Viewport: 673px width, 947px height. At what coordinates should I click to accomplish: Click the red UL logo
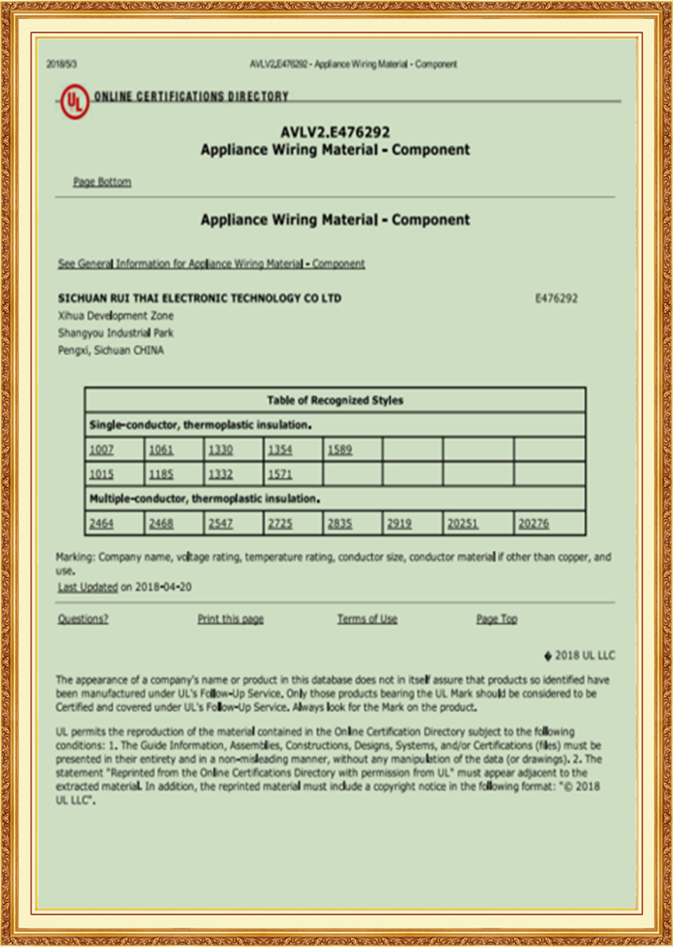coord(74,102)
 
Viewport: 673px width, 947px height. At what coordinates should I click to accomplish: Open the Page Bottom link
coord(102,182)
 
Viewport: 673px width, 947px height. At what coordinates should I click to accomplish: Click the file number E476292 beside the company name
coord(556,298)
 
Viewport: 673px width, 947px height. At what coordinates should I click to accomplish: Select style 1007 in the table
coord(102,450)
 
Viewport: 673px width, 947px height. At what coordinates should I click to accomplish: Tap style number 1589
coord(340,450)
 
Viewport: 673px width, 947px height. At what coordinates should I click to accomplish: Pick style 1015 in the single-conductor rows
coord(102,474)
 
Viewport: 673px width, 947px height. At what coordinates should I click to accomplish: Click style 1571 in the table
coord(280,474)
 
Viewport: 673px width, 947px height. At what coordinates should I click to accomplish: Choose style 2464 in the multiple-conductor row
coord(102,523)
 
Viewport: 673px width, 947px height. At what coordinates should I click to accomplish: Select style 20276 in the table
coord(533,523)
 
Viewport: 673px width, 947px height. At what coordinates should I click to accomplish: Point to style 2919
coord(400,523)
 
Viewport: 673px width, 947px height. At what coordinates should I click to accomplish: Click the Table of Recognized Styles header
coord(335,400)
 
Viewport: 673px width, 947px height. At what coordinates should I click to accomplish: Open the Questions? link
coord(83,619)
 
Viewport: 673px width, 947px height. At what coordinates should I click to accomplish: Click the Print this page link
coord(231,619)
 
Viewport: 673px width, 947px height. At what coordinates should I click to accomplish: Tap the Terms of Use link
coord(367,619)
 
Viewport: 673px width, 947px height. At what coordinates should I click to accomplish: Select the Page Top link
coord(497,619)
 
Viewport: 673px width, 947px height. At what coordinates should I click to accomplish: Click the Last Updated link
coord(88,587)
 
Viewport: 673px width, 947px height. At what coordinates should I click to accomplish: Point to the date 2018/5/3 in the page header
coord(62,65)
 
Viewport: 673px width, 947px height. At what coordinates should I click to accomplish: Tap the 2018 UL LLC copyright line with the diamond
coord(580,655)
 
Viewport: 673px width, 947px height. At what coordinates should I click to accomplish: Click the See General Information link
coord(211,264)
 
